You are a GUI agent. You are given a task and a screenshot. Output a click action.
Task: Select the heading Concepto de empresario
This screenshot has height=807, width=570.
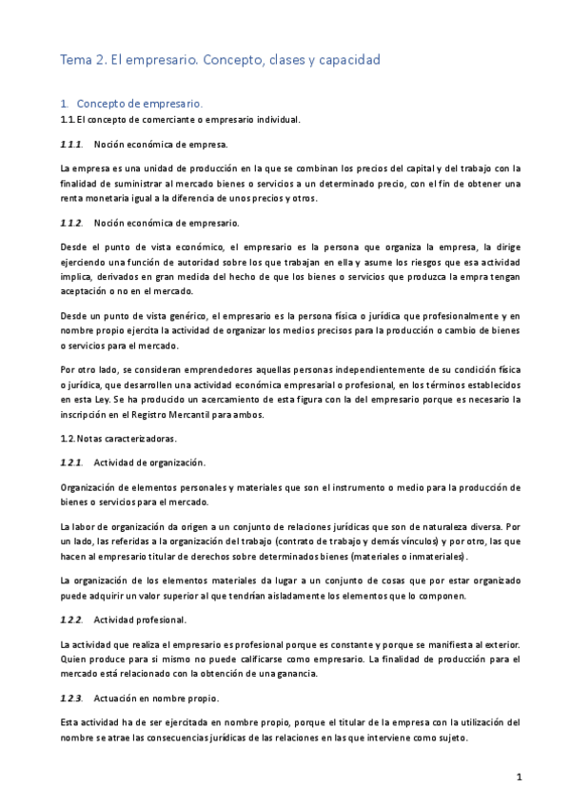click(139, 103)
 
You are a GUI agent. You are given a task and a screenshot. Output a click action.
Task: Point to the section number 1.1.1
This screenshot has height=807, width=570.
click(71, 145)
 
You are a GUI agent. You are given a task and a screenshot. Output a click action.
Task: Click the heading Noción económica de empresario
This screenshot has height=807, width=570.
click(167, 223)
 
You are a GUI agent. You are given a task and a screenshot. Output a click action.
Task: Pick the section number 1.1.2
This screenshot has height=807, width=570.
click(71, 223)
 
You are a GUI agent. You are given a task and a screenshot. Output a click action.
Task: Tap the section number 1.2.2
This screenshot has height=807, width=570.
click(71, 620)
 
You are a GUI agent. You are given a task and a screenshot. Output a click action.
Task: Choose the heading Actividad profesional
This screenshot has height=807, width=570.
click(141, 620)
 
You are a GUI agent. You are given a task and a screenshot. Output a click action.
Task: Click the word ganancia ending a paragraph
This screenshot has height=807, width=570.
click(316, 673)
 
